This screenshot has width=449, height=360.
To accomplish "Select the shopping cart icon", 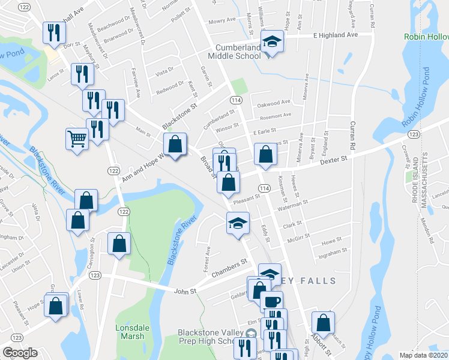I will (77, 139).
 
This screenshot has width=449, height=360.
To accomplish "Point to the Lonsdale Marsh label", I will (130, 332).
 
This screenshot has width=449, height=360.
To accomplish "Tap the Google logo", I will (20, 352).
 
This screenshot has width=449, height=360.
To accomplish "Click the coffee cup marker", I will (271, 301).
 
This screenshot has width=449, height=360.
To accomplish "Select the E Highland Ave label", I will (335, 35).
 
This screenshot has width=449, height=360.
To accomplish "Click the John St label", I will (185, 292).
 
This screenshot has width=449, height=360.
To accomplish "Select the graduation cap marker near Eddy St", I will (238, 223).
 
